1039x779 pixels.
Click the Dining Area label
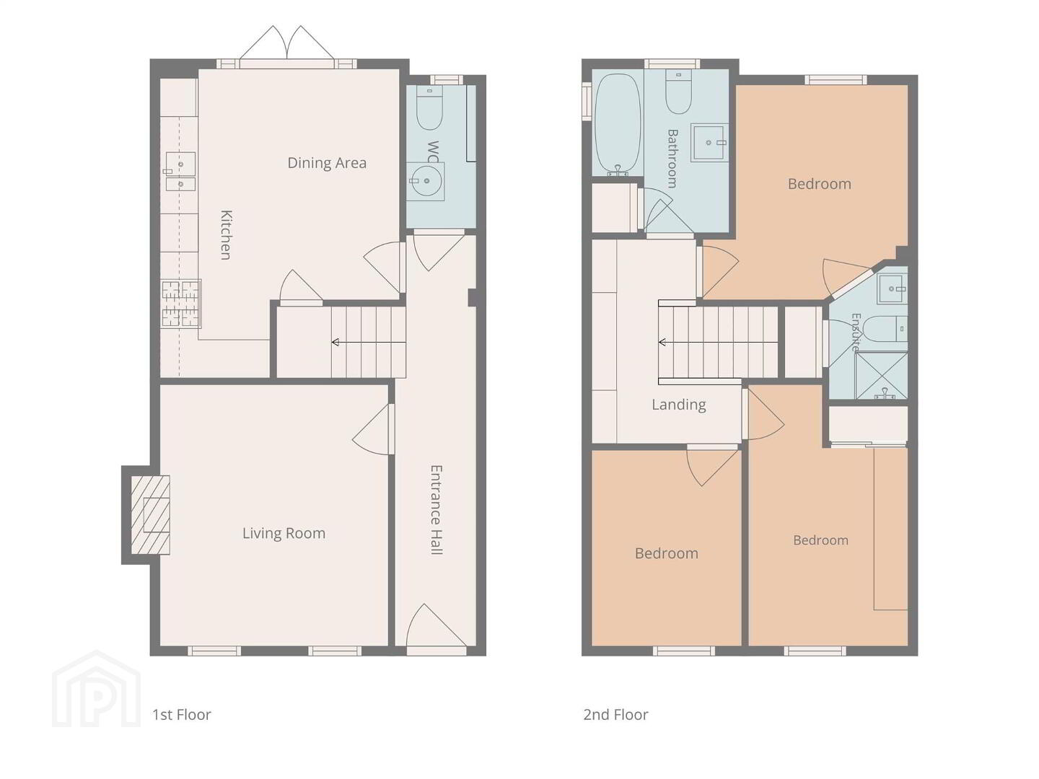pyautogui.click(x=327, y=163)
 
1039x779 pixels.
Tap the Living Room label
pyautogui.click(x=284, y=534)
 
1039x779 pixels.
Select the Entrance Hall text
pyautogui.click(x=436, y=510)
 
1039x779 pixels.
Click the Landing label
pyautogui.click(x=679, y=405)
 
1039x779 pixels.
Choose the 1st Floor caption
pyautogui.click(x=182, y=715)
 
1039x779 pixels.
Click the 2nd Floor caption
pyautogui.click(x=615, y=715)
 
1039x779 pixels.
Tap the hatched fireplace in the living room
pyautogui.click(x=150, y=514)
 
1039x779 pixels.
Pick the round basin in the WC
pyautogui.click(x=425, y=181)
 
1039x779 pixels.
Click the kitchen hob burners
pyautogui.click(x=181, y=304)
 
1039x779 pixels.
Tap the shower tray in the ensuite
pyautogui.click(x=882, y=375)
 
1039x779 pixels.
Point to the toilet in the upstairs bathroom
pyautogui.click(x=678, y=92)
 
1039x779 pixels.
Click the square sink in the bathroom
pyautogui.click(x=709, y=142)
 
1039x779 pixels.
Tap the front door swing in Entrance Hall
pyautogui.click(x=436, y=626)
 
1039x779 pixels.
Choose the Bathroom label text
pyautogui.click(x=672, y=159)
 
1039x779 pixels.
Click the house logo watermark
pyautogui.click(x=96, y=689)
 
